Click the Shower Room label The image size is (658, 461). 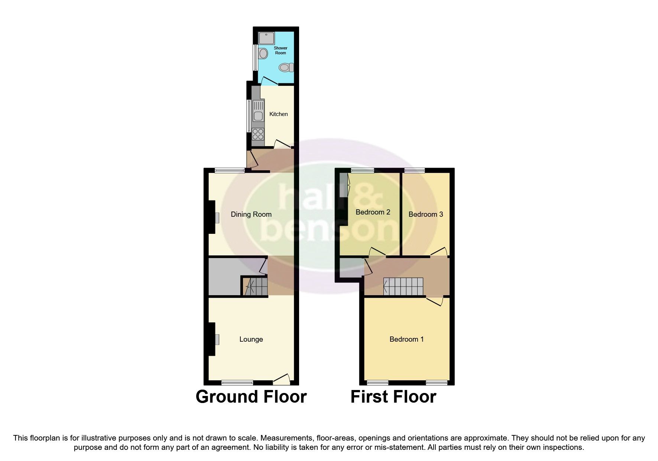click(x=281, y=51)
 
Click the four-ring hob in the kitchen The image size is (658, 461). click(x=258, y=133)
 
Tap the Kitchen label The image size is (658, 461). click(x=278, y=114)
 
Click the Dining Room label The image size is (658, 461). click(x=251, y=214)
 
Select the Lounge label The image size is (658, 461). click(x=251, y=339)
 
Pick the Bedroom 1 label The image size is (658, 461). click(x=406, y=339)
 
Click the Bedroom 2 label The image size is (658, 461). click(x=373, y=212)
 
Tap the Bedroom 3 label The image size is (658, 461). click(x=425, y=214)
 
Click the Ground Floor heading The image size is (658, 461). click(x=251, y=397)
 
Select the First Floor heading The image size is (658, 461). click(x=393, y=397)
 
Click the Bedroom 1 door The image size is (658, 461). click(x=434, y=300)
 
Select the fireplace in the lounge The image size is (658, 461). click(x=215, y=339)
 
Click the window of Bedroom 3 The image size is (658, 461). click(x=415, y=170)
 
